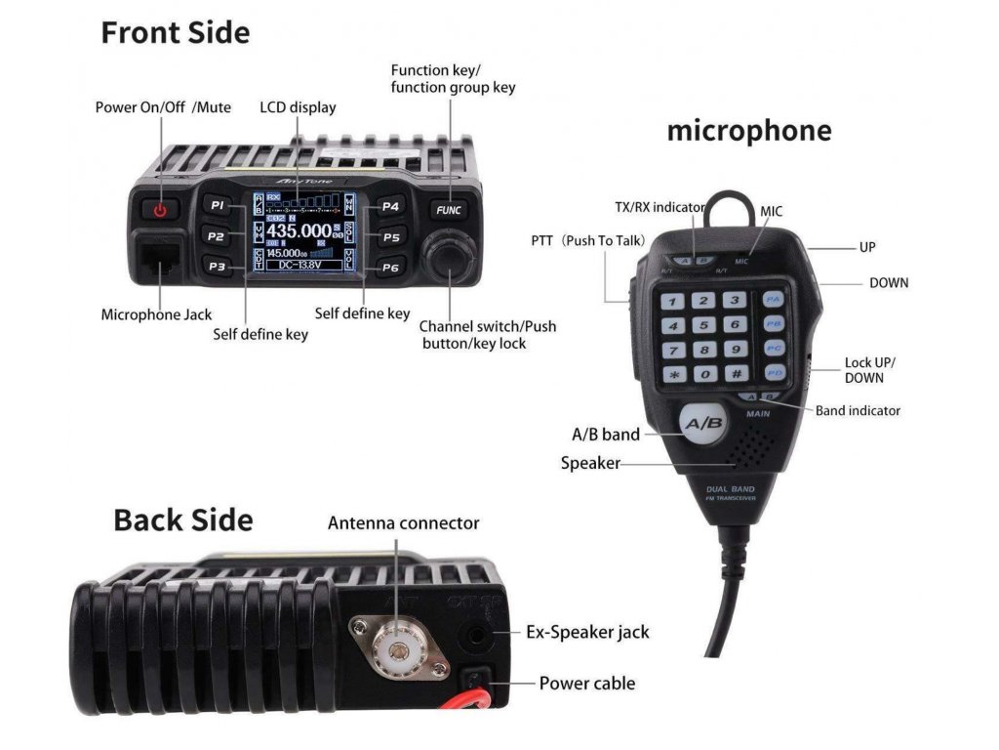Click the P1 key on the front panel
218,206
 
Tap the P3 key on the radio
218,266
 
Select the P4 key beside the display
390,206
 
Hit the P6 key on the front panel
390,267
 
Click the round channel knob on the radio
448,255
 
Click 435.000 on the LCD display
299,231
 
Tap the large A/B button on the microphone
701,425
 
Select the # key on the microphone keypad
735,374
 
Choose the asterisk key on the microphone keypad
672,374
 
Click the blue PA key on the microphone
774,299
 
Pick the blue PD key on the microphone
774,372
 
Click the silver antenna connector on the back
397,648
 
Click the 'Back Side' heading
183,520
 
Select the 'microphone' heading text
748,131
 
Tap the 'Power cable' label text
586,684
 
